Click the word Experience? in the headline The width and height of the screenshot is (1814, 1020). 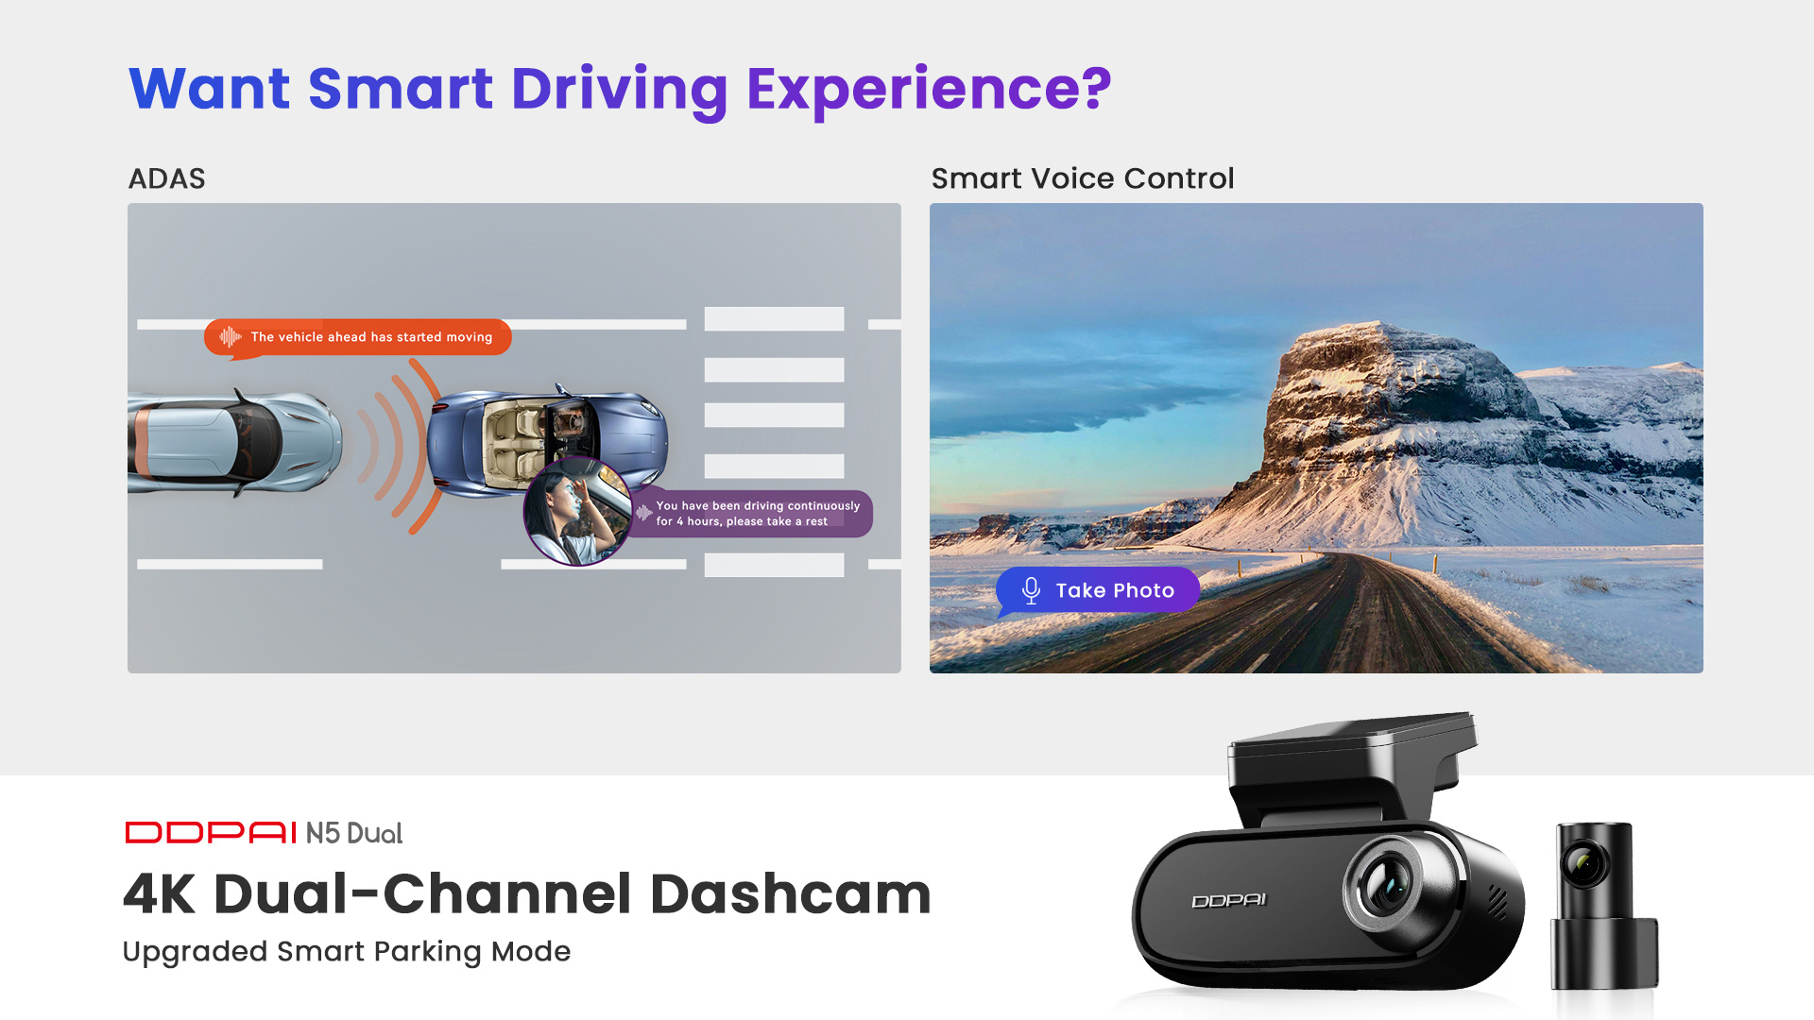[x=929, y=90]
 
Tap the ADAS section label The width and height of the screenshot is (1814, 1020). [x=166, y=178]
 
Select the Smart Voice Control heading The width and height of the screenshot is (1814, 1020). [x=1083, y=178]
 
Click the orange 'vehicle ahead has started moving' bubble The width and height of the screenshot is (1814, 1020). [x=358, y=337]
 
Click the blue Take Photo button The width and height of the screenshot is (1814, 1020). [x=1098, y=591]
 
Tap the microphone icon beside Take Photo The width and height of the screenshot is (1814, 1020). [x=1031, y=590]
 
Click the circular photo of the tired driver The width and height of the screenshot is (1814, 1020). [x=577, y=511]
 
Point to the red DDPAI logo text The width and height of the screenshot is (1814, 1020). [x=212, y=832]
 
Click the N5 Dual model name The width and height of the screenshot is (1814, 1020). [x=354, y=833]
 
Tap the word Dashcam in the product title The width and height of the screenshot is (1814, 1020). [x=791, y=893]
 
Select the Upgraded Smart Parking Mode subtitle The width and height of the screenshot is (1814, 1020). [x=347, y=951]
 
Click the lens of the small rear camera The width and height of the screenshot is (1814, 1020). [x=1584, y=863]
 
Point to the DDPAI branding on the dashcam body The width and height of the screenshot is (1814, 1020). [x=1228, y=901]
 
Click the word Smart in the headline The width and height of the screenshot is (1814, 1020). [x=401, y=90]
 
